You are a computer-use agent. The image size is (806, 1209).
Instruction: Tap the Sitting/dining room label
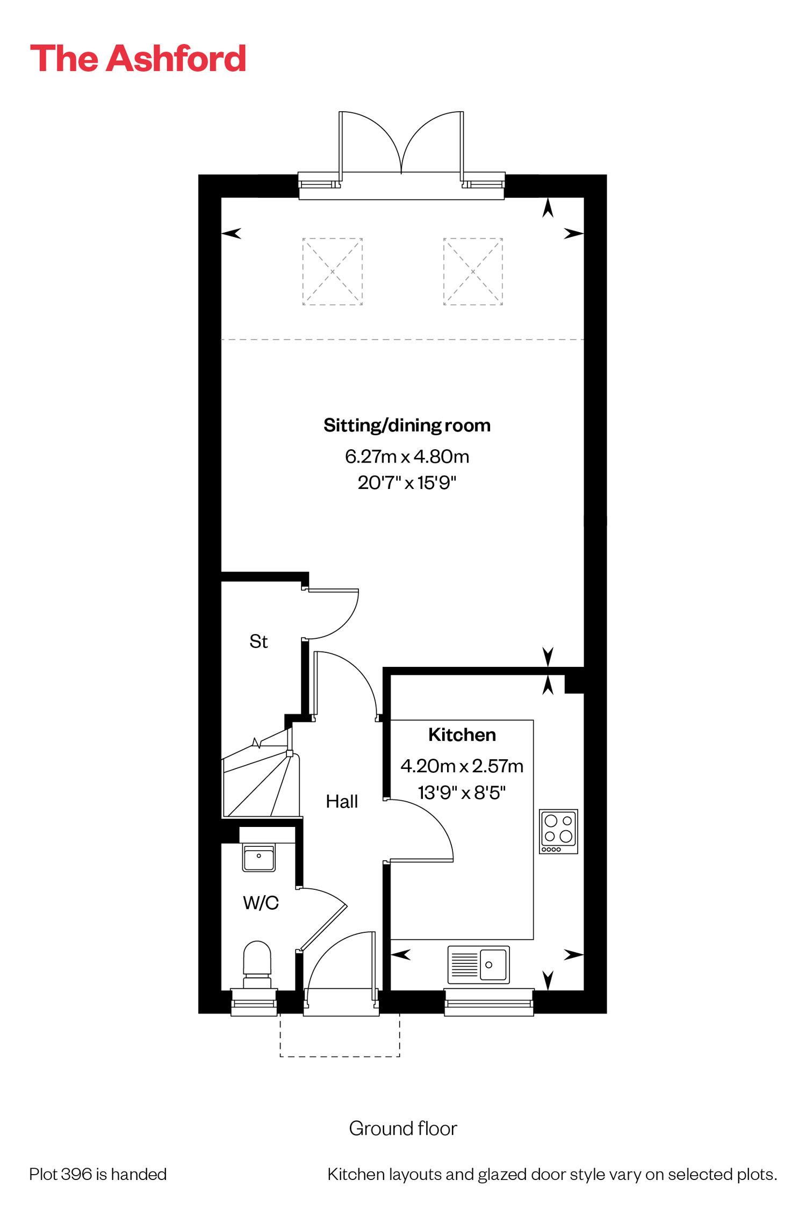(407, 426)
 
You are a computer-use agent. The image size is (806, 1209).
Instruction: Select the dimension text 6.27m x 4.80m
(407, 456)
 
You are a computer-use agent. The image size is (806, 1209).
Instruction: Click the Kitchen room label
(462, 735)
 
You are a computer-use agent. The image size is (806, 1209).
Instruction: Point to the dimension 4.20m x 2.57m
(462, 766)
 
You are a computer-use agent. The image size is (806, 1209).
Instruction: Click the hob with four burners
(558, 831)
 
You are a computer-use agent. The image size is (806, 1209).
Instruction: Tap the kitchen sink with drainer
(478, 965)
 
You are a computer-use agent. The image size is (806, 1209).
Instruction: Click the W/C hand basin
(259, 858)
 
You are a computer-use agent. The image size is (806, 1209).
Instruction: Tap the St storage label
(258, 641)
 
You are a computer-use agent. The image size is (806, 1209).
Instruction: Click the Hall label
(342, 802)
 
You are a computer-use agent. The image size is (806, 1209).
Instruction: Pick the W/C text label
(261, 903)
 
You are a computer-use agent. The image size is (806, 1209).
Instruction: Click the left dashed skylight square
(333, 272)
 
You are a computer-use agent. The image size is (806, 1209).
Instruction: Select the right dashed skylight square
(473, 272)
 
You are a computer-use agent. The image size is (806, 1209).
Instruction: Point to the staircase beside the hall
(261, 774)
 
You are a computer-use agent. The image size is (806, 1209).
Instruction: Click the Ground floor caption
(403, 1128)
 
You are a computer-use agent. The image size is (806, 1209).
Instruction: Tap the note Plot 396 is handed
(98, 1174)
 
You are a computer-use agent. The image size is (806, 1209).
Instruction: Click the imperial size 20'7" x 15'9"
(407, 483)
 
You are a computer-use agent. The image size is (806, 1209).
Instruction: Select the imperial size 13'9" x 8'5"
(462, 793)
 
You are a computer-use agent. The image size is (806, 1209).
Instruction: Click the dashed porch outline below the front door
(340, 1056)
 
